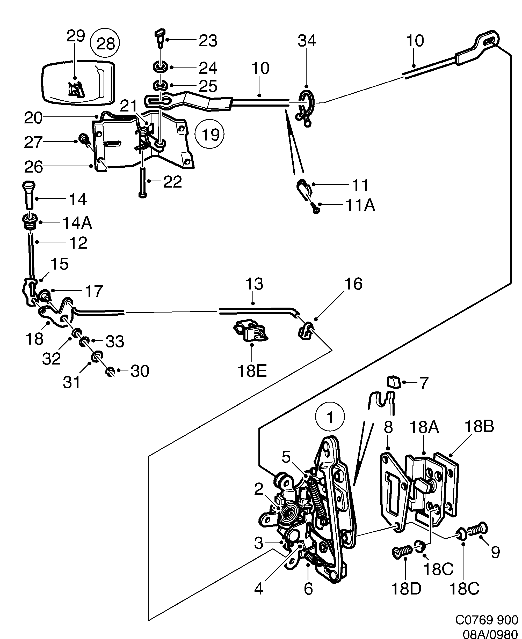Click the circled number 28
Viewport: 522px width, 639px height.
click(x=105, y=43)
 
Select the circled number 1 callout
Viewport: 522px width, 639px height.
click(x=330, y=418)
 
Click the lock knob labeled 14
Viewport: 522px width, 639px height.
click(x=28, y=194)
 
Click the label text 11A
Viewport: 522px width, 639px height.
click(x=360, y=205)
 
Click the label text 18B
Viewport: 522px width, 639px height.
click(x=479, y=426)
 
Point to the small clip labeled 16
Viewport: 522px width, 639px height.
click(x=306, y=330)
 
